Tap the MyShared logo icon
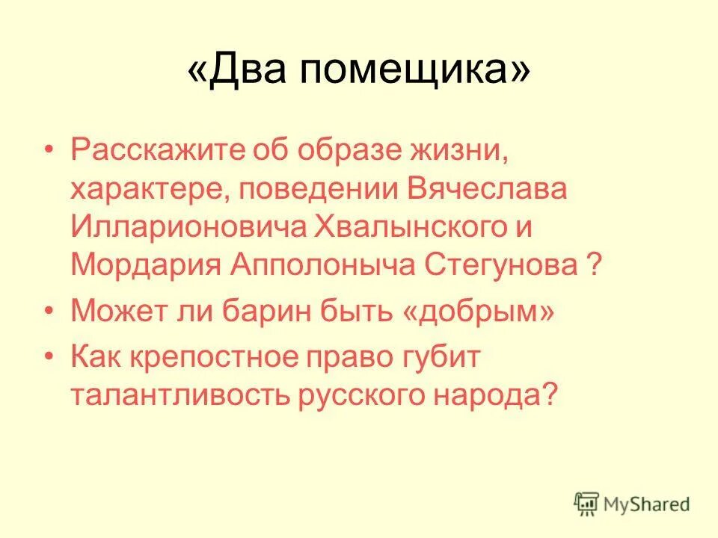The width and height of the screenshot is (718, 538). (587, 504)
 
